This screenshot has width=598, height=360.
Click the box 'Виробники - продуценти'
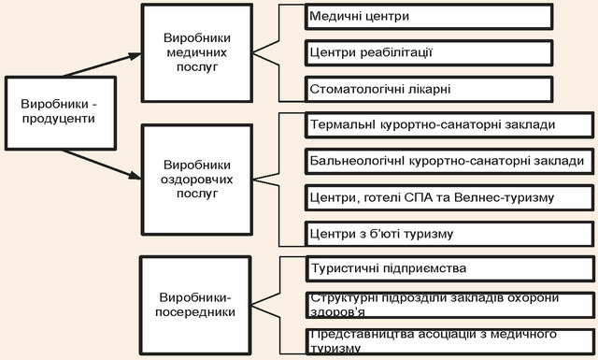61,113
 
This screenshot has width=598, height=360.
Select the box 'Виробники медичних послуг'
197,53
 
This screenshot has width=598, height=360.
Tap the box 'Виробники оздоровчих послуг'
197,180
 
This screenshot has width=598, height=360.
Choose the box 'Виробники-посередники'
195,305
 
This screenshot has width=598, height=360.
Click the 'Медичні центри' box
429,17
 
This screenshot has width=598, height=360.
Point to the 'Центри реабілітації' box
429,52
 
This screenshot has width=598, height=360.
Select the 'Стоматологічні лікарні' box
429,90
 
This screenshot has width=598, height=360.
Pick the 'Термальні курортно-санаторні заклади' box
449,125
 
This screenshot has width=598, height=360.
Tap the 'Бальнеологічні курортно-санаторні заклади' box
449,161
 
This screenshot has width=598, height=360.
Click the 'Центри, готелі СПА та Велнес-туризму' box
449,197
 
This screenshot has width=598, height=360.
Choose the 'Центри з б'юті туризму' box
449,234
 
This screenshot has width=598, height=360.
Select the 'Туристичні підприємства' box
450,268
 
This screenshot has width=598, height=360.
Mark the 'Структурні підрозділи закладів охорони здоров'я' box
450,305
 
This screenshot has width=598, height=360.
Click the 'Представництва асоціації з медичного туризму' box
450,341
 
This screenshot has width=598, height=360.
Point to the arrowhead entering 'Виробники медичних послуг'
135,56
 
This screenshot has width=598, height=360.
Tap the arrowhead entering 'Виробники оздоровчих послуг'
135,175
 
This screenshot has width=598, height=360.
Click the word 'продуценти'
58,119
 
